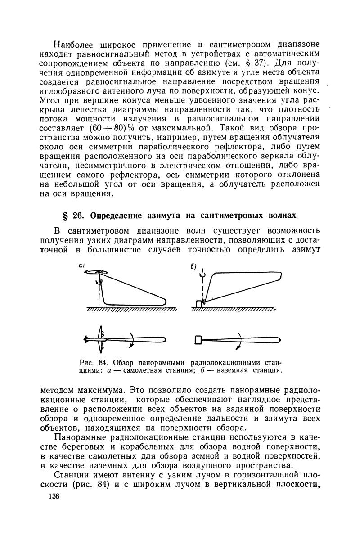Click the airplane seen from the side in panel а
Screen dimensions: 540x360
[x=95, y=272]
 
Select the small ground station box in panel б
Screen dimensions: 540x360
[x=199, y=304]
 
